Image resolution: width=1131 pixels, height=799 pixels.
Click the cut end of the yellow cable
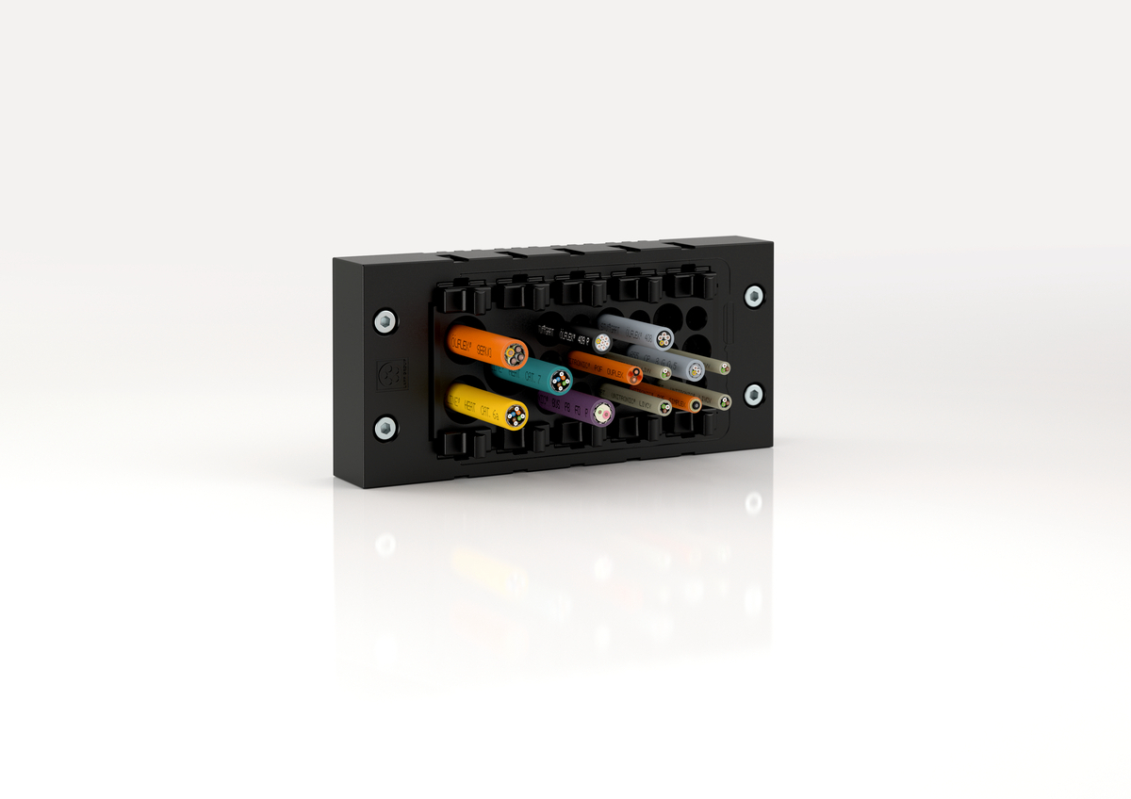[x=515, y=415]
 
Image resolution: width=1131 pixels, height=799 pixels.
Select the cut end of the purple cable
[x=602, y=412]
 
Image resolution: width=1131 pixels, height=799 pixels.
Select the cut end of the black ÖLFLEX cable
[x=603, y=341]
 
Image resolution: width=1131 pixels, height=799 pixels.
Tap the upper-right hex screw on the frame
[x=753, y=296]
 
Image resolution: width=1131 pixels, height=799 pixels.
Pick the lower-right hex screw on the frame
[x=753, y=393]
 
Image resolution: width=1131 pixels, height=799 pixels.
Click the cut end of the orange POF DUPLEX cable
[x=635, y=375]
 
